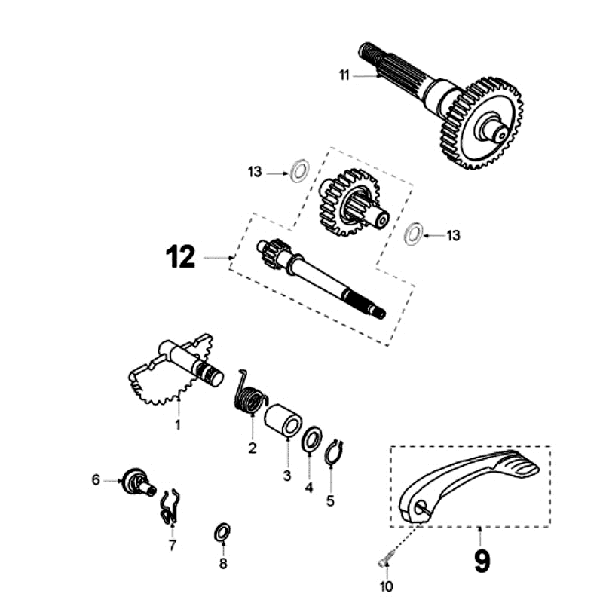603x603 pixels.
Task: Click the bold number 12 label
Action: coord(180,258)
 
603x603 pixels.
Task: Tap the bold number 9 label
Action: coord(481,560)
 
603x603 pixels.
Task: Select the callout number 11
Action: coord(345,75)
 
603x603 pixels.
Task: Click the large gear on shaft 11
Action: coord(482,124)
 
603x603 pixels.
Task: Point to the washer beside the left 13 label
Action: coord(298,170)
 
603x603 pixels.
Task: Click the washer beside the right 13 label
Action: coord(413,234)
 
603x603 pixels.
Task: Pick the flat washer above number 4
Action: coord(312,439)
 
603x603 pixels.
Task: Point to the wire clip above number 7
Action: coord(170,507)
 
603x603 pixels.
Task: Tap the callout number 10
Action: coord(385,587)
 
